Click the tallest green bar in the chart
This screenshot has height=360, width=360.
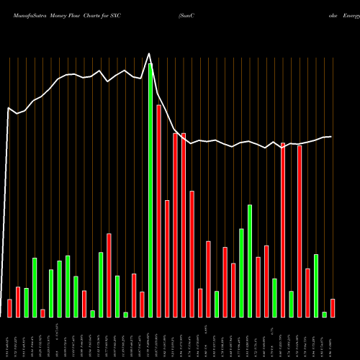[150, 190]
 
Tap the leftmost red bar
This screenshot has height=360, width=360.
[9, 308]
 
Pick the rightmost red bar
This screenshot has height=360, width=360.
[333, 308]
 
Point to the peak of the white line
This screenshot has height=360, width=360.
[150, 53]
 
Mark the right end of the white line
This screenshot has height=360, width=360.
[331, 137]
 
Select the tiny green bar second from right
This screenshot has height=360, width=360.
[324, 314]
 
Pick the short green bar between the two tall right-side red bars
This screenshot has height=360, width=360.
[291, 304]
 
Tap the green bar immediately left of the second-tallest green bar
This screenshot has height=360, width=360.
[241, 272]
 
